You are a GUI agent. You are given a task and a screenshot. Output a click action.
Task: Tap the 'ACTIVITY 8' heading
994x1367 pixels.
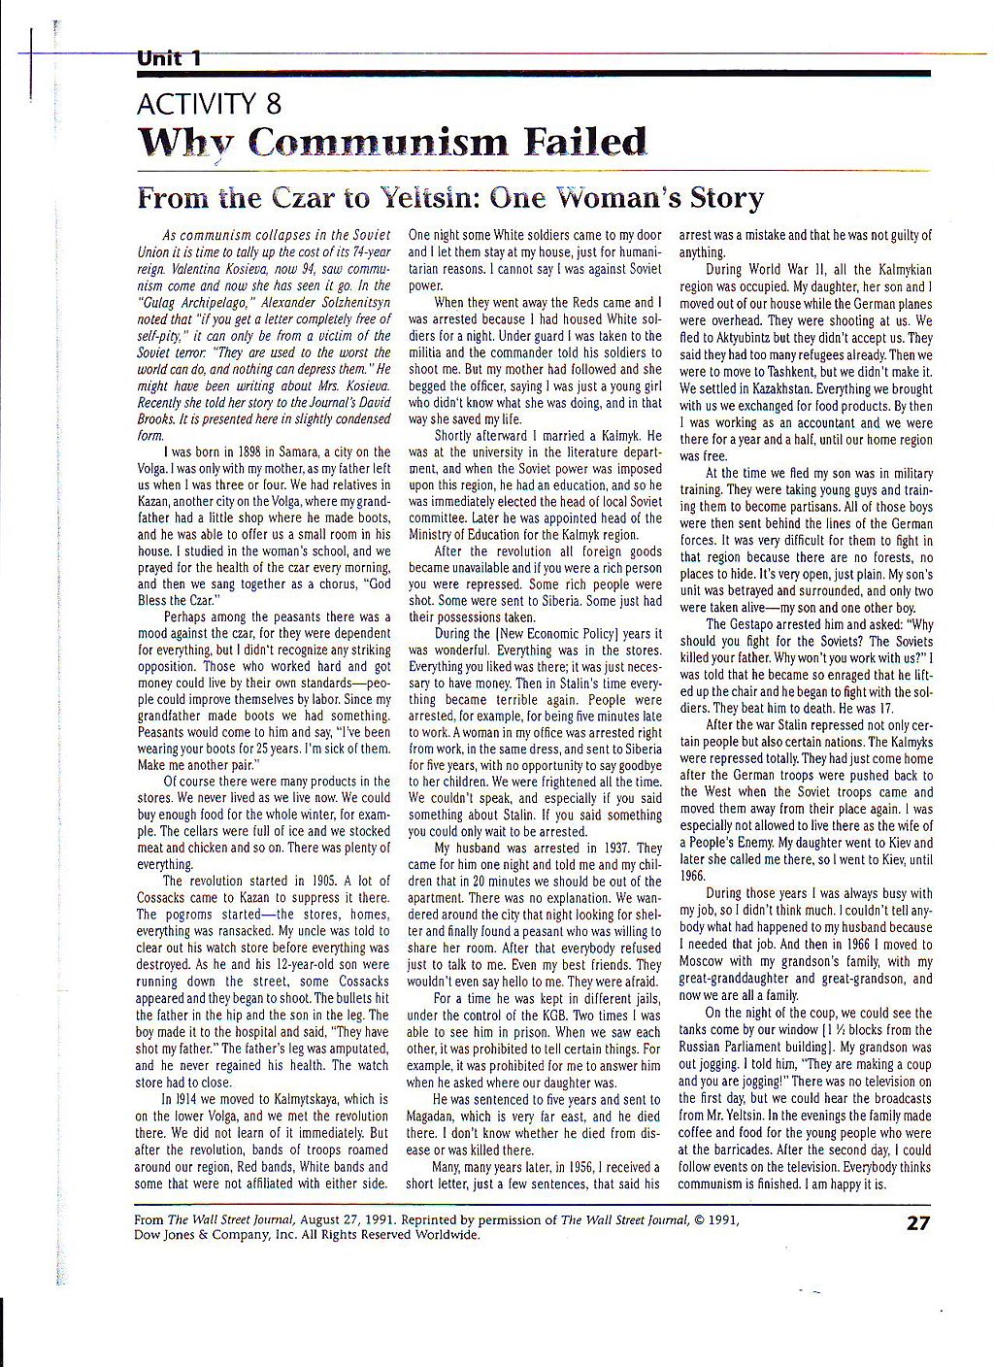coord(210,103)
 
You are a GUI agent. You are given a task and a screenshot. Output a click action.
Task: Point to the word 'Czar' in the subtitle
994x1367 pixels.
coord(300,198)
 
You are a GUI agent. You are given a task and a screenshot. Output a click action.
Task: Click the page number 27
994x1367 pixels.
coord(917,1222)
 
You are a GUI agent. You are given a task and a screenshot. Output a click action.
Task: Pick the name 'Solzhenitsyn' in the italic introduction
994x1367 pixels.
coord(341,302)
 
